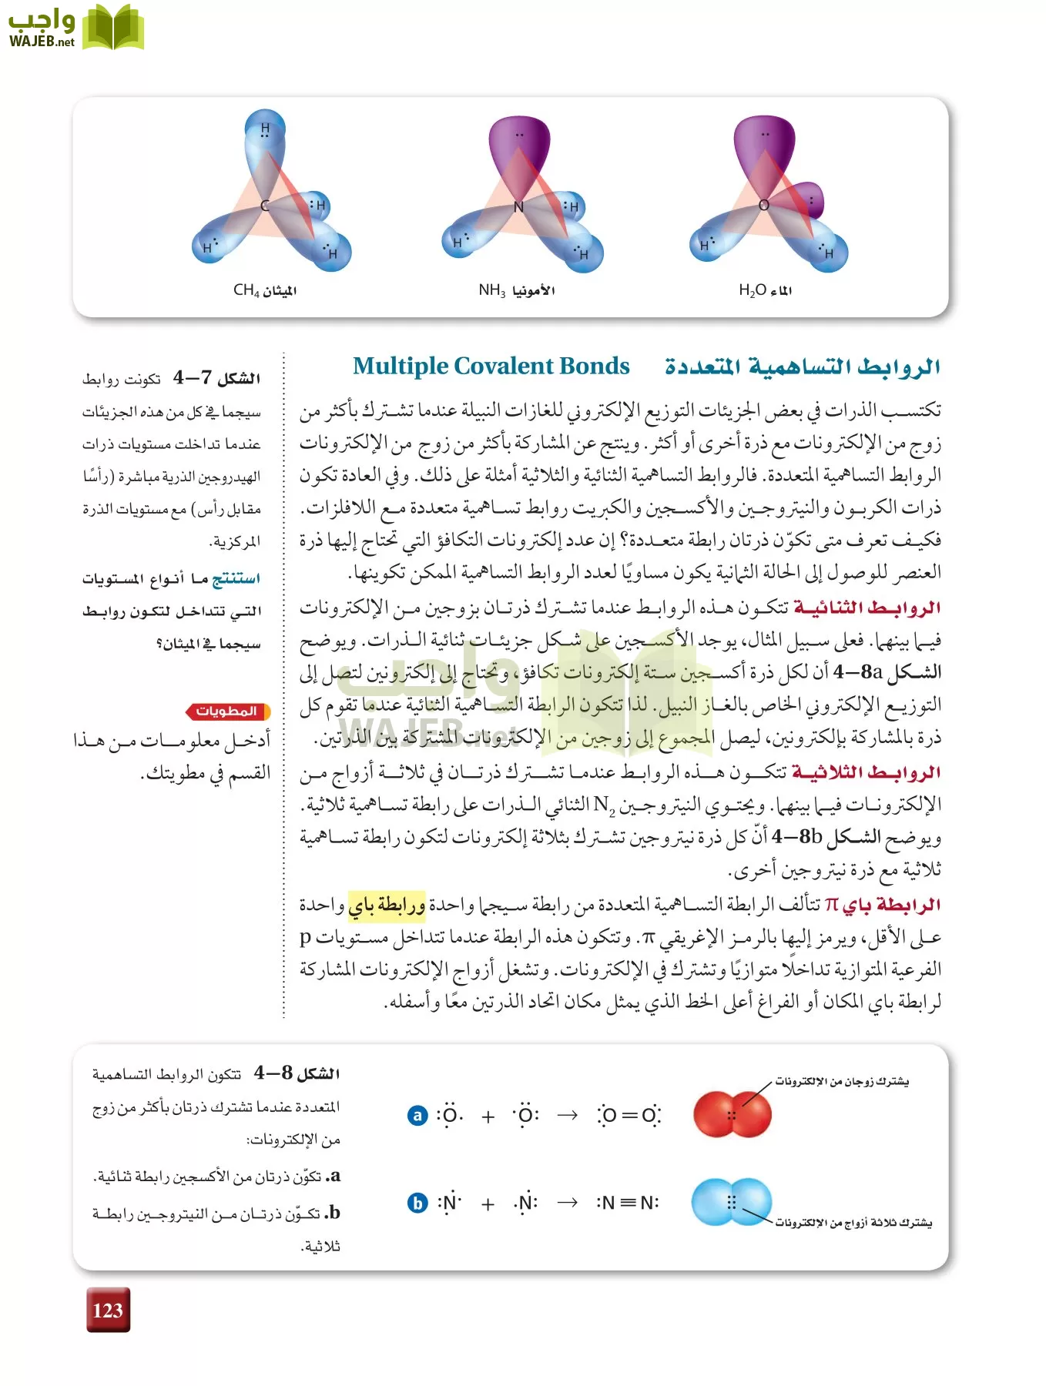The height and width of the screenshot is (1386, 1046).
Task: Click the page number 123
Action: (x=108, y=1310)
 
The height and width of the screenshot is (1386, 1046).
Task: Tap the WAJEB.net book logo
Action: (x=112, y=28)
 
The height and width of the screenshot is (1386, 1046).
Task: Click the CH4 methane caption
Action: (x=264, y=290)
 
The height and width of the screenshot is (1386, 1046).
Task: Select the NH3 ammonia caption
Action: (x=516, y=290)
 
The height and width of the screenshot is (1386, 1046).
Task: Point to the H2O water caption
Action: (x=765, y=290)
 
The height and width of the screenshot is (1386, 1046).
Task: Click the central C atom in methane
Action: (x=265, y=206)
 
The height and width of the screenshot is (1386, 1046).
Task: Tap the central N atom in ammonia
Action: (x=518, y=207)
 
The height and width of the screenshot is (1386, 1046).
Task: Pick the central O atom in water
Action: (x=763, y=205)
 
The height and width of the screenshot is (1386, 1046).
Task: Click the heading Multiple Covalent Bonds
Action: (x=491, y=366)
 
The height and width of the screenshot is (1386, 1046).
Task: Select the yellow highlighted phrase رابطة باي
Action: (x=387, y=906)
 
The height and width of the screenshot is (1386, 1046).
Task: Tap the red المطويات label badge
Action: (x=227, y=711)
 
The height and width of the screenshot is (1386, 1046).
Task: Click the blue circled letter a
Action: (x=417, y=1115)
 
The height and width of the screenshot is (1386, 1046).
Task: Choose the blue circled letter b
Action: (x=417, y=1203)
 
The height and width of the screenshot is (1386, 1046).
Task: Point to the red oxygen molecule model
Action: (x=732, y=1113)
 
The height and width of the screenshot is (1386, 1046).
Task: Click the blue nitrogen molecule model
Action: (x=731, y=1202)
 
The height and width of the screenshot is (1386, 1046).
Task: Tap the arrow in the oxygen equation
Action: (x=568, y=1115)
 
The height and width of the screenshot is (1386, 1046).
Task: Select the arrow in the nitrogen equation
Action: (x=568, y=1203)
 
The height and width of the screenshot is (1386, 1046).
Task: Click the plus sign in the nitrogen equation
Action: (x=488, y=1204)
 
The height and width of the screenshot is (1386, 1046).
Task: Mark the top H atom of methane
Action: (x=265, y=129)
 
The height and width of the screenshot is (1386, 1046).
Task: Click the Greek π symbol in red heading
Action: (x=831, y=905)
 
